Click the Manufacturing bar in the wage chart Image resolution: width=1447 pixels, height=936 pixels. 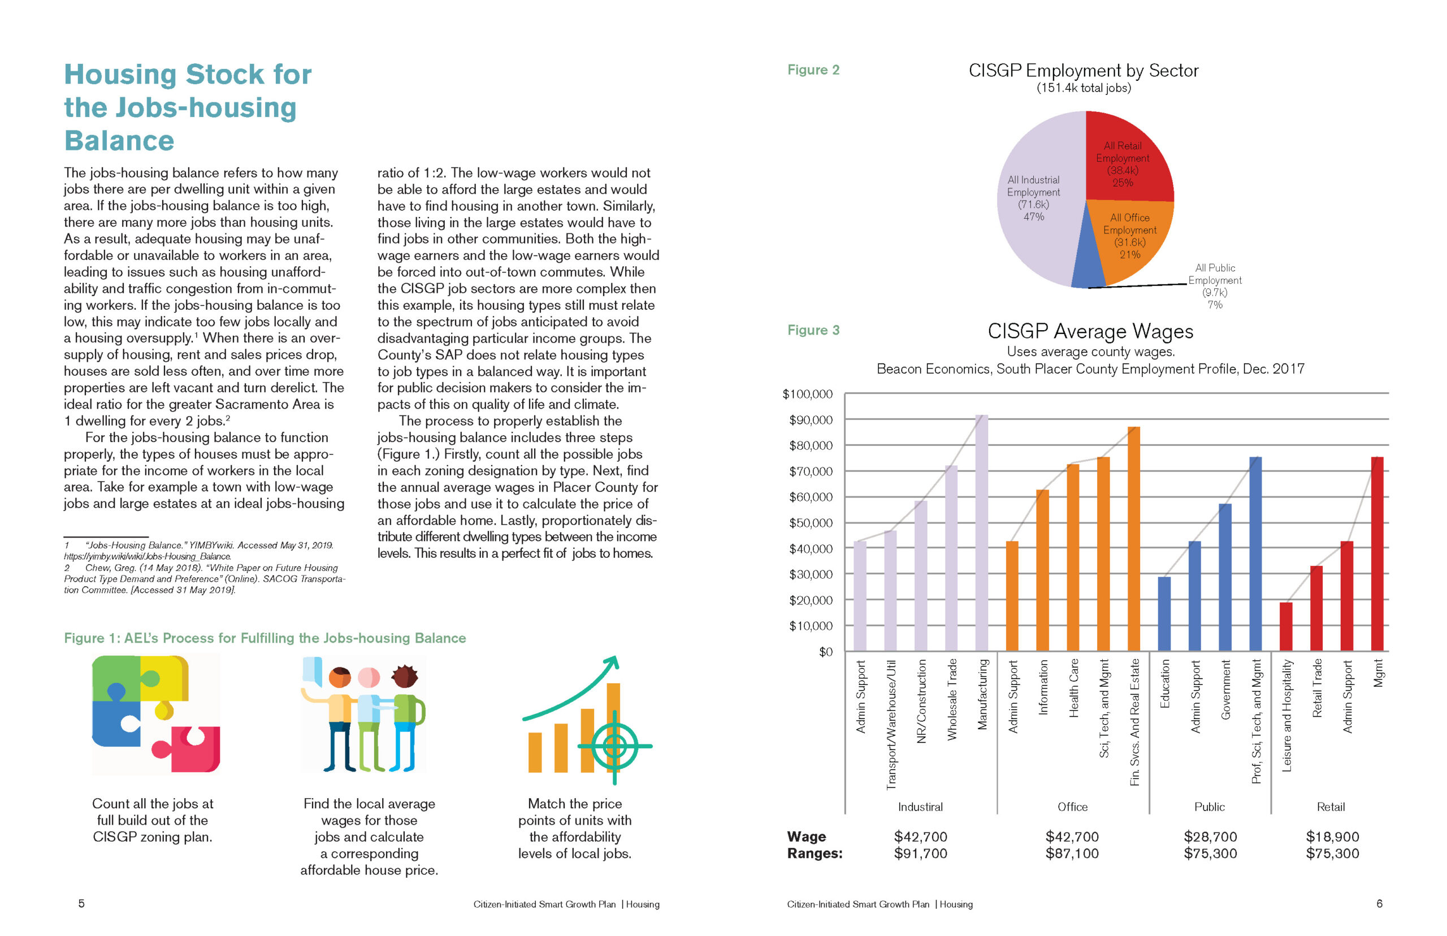click(x=981, y=533)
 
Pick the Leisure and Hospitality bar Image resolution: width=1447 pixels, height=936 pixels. click(x=1285, y=627)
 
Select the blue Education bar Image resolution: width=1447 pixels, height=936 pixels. click(x=1164, y=614)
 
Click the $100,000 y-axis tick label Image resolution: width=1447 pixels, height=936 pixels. click(x=807, y=394)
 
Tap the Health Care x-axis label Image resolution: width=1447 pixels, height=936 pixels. click(x=1073, y=687)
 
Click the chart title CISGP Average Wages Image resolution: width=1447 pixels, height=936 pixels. click(x=1090, y=331)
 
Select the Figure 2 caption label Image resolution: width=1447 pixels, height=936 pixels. click(x=813, y=70)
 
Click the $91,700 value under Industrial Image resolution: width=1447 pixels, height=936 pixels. click(x=920, y=853)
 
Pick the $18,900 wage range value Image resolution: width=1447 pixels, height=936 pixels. click(x=1332, y=837)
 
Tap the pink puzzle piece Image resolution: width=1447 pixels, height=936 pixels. click(x=188, y=749)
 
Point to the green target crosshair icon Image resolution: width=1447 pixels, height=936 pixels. click(x=614, y=746)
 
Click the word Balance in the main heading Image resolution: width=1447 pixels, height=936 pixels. click(x=119, y=140)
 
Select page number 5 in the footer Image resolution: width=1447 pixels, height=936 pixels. click(x=81, y=903)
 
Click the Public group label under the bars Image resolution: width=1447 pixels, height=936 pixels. click(x=1210, y=807)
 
